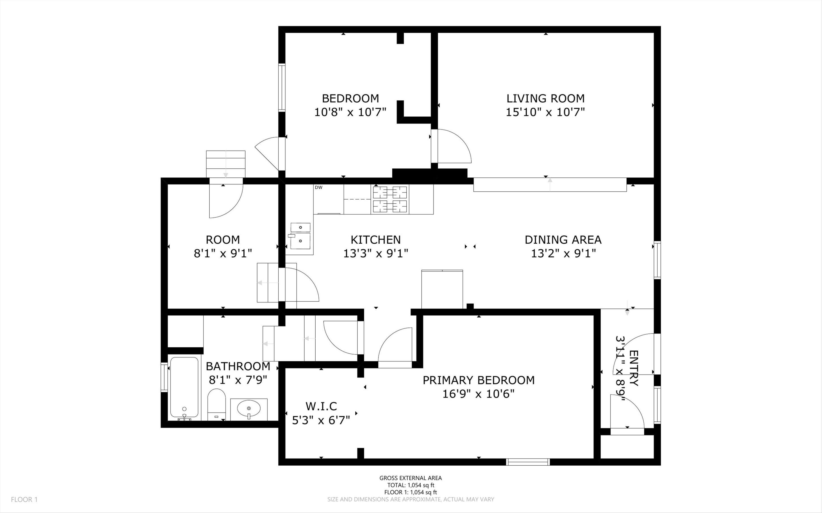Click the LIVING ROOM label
[x=546, y=98]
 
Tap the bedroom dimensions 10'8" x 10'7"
[x=350, y=112]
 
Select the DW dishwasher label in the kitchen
[x=318, y=187]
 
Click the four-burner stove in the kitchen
[x=390, y=199]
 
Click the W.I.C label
[x=321, y=406]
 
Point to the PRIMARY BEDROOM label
[x=478, y=380]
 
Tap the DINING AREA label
[x=563, y=240]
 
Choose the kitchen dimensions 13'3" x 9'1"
[x=376, y=253]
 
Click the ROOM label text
[x=223, y=240]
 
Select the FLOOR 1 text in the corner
[x=24, y=499]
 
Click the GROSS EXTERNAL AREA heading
[x=410, y=478]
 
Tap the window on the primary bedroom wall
[x=528, y=462]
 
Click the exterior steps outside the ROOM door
[x=226, y=164]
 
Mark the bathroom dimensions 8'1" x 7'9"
[x=238, y=380]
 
